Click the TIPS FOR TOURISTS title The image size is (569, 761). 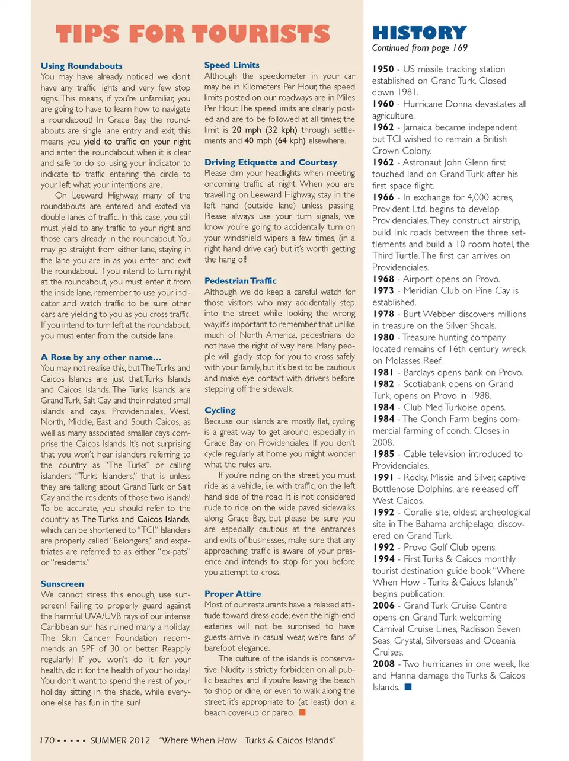[193, 34]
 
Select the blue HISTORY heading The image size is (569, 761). [419, 33]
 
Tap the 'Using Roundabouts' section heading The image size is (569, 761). [81, 66]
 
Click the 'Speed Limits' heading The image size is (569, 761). [232, 65]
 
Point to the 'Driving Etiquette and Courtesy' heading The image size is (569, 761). [270, 162]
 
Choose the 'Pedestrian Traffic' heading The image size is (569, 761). [240, 280]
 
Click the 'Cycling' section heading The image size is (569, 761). [220, 410]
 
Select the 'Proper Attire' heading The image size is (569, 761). [232, 593]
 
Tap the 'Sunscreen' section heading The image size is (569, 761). [62, 583]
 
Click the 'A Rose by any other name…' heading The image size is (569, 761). [101, 357]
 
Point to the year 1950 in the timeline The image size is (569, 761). [383, 69]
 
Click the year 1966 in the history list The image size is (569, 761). [383, 197]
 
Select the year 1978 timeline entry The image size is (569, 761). [383, 314]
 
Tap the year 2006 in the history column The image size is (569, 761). [383, 605]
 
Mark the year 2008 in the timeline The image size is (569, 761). [383, 664]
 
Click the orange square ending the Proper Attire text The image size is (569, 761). [302, 712]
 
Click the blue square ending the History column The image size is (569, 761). [408, 687]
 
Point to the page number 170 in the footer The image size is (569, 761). [47, 740]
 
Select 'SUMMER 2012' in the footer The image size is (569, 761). [120, 740]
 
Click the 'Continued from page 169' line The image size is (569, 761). [420, 48]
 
